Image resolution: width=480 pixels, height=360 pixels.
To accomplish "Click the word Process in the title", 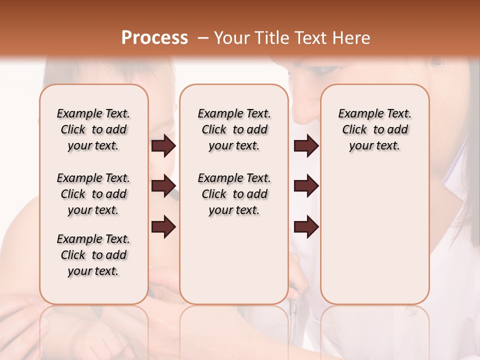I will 154,38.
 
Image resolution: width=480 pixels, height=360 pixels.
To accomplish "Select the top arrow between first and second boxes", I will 163,146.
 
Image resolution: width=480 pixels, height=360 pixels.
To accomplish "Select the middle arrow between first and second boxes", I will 163,186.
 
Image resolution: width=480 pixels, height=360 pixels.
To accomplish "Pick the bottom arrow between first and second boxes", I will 163,227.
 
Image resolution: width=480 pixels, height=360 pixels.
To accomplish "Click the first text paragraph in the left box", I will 93,129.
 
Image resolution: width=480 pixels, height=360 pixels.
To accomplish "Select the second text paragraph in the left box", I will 93,194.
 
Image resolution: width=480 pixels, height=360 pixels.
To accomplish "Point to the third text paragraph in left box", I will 93,255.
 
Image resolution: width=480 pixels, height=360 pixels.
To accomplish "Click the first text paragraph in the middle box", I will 234,129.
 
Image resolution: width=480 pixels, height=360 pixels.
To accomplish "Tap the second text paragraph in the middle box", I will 234,194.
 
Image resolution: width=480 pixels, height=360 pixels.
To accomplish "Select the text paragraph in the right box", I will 375,129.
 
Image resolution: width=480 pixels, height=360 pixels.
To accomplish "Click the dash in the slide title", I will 202,38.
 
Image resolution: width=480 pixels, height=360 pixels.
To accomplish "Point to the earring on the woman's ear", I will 436,61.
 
